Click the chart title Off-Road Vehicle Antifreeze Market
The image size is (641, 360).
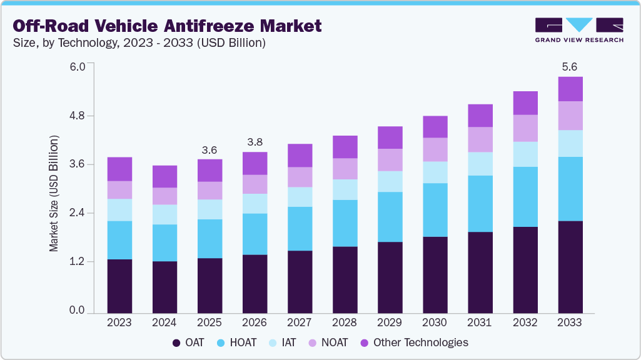click(168, 26)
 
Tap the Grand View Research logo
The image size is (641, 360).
click(579, 29)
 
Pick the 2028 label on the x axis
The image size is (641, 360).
click(345, 323)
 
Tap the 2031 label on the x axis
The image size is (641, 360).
click(480, 323)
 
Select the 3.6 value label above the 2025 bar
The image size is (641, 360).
click(209, 150)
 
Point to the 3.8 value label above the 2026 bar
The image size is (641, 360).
click(255, 142)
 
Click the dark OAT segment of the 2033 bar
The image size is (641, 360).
click(570, 267)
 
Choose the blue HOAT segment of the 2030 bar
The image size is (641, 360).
click(435, 210)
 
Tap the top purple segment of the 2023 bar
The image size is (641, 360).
click(119, 169)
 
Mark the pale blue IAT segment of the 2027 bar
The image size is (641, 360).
click(300, 197)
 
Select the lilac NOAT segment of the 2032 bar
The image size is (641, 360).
click(525, 128)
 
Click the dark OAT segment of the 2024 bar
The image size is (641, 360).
click(164, 287)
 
